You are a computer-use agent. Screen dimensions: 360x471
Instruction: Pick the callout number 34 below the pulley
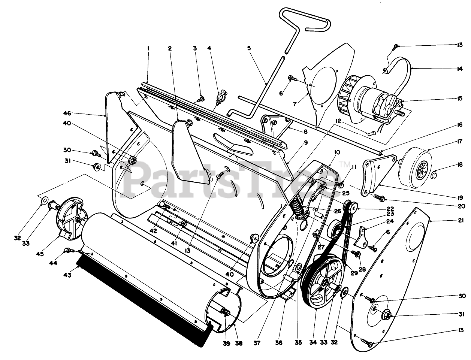click(315, 342)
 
